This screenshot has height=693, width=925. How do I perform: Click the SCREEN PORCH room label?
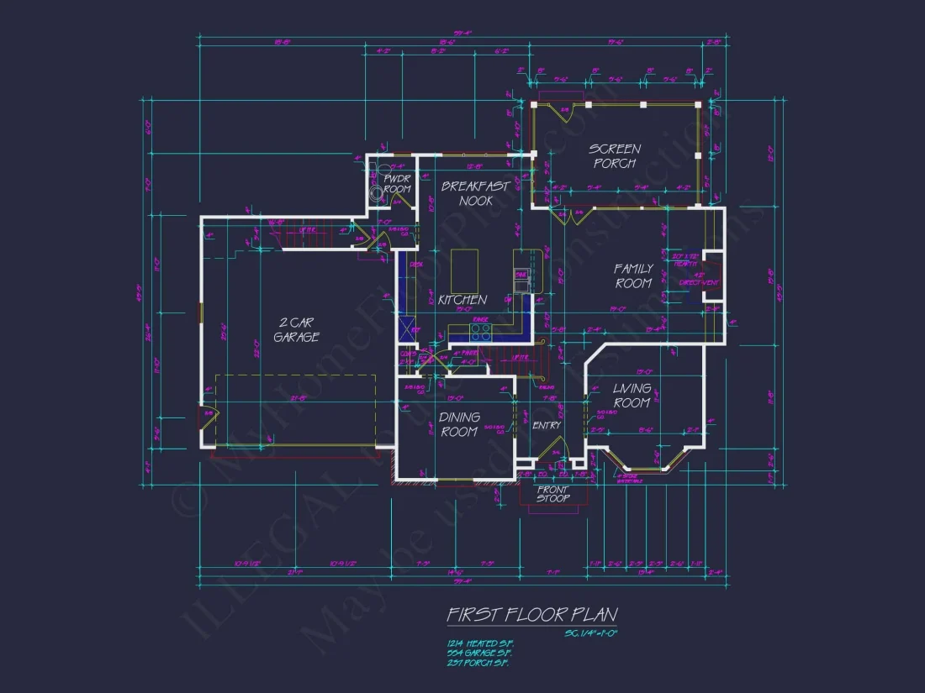(615, 156)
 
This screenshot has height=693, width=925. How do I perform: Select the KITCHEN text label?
(462, 300)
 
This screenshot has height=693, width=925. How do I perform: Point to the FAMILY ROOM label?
(633, 276)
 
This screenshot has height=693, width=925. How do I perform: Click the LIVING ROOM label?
(632, 396)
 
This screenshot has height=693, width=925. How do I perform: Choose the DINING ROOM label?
(459, 424)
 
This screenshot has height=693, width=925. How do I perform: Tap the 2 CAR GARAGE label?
(299, 329)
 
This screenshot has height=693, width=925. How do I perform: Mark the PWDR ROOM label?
(397, 184)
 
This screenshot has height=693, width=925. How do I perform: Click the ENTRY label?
(547, 426)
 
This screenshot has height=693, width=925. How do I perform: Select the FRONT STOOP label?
(552, 494)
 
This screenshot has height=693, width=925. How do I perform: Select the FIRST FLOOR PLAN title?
(531, 615)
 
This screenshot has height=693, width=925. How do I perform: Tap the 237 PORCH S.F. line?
(478, 662)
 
